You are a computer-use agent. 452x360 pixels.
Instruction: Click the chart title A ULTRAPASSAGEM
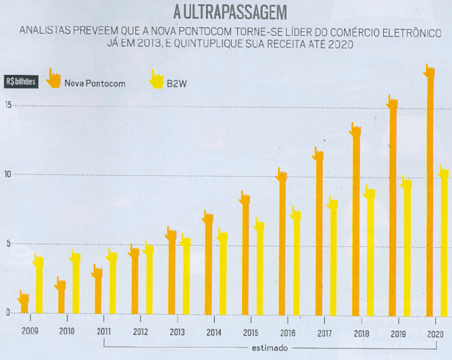tap(226, 12)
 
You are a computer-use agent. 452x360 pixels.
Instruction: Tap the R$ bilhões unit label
tap(21, 81)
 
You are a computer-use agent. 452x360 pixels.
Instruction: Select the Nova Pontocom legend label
tap(95, 83)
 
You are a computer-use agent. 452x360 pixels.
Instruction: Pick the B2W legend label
tap(177, 83)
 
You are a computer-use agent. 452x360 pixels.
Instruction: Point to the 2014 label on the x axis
tap(213, 332)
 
